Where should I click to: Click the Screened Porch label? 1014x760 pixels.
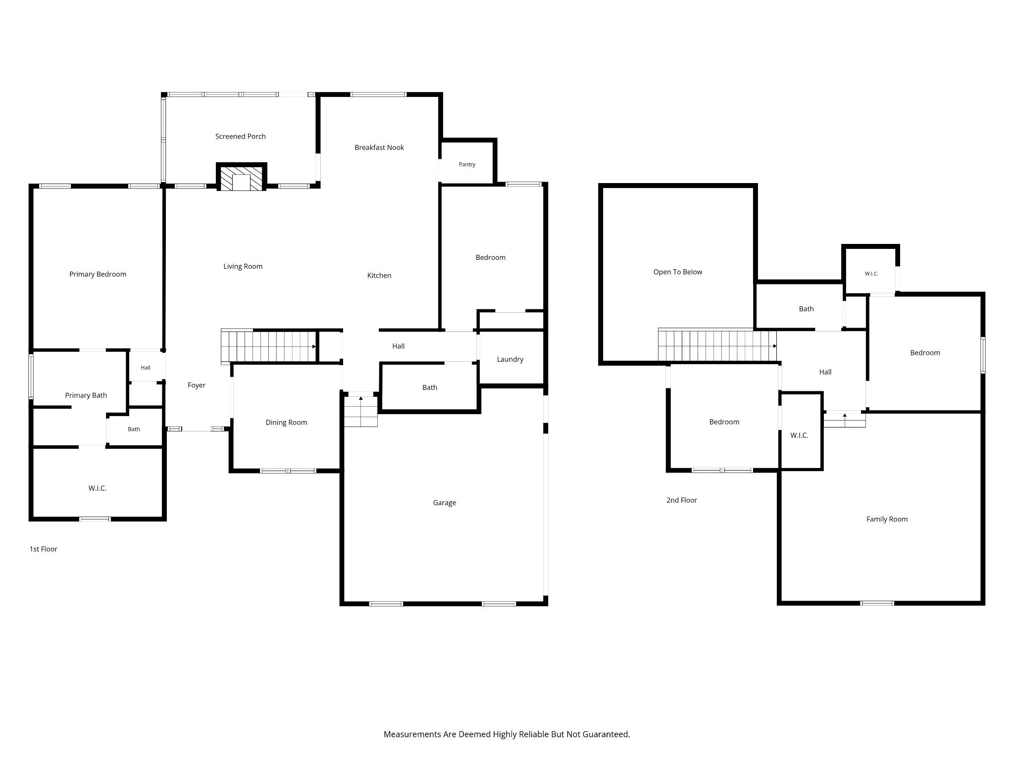click(x=240, y=137)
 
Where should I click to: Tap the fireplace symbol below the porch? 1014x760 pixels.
click(x=242, y=177)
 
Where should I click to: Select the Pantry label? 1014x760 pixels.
click(x=467, y=165)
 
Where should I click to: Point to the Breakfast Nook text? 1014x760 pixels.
click(x=379, y=147)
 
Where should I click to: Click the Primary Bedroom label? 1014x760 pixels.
click(x=98, y=275)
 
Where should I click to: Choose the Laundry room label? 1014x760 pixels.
click(x=510, y=360)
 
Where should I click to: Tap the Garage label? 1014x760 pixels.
click(x=445, y=503)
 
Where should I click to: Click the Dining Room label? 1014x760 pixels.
click(x=286, y=423)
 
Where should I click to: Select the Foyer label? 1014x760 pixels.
click(x=197, y=385)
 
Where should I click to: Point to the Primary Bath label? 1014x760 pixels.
click(x=86, y=395)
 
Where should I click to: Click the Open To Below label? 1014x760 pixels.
click(x=678, y=272)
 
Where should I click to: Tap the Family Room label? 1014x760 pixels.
click(x=887, y=520)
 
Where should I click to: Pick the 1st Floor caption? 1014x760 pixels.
click(x=44, y=549)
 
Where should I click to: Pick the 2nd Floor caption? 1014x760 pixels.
click(x=681, y=500)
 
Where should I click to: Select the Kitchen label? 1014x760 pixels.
click(x=379, y=276)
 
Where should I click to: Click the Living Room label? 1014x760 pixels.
click(x=243, y=267)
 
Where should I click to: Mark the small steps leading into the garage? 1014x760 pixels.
click(x=361, y=410)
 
